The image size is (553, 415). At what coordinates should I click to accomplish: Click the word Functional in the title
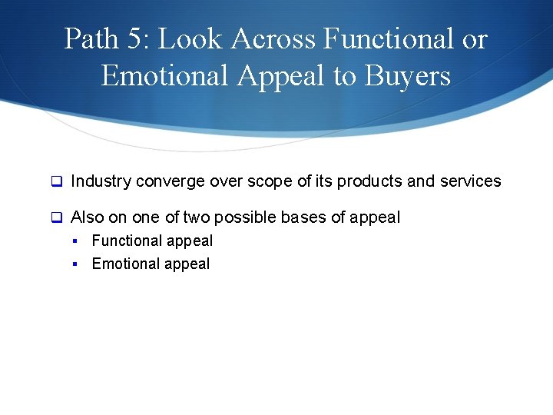coord(387,39)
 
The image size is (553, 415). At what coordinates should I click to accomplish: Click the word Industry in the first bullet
coord(101,181)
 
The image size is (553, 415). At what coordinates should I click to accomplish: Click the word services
coord(470,181)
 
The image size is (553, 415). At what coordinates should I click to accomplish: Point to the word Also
coord(87,217)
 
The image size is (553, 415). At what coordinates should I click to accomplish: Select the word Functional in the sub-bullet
coord(127,241)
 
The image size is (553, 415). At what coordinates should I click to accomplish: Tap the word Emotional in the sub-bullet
coord(125,264)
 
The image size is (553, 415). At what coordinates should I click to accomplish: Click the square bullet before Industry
coord(56,182)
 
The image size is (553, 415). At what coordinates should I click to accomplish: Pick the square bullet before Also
coord(56,218)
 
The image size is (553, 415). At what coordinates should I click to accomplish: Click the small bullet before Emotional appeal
coord(76,264)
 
